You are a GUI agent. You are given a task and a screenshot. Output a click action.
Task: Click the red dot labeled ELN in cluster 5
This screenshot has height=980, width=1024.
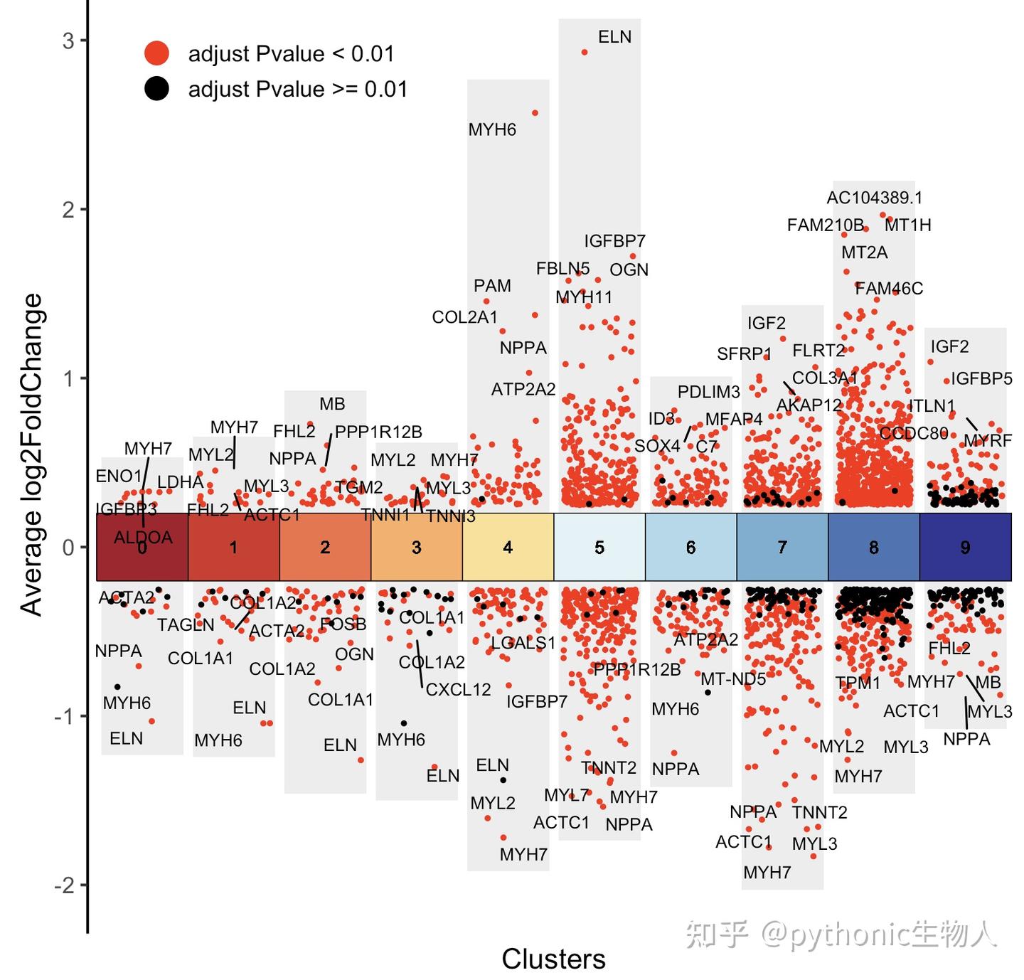click(x=585, y=52)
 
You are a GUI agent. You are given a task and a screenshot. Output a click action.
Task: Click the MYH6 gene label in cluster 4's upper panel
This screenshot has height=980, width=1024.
click(x=492, y=129)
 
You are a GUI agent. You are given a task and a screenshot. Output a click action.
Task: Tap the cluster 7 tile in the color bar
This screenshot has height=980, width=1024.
click(x=782, y=547)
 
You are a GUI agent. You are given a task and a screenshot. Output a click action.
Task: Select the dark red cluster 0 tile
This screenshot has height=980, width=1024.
click(x=142, y=547)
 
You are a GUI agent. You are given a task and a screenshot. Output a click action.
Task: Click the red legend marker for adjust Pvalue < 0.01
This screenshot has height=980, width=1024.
click(x=156, y=53)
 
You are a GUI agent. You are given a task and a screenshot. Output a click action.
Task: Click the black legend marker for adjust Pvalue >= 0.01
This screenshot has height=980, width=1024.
click(x=156, y=89)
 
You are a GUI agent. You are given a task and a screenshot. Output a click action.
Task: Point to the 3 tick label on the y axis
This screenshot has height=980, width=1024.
click(x=68, y=41)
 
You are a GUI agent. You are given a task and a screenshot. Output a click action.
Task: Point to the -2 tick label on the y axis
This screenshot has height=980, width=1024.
click(x=64, y=885)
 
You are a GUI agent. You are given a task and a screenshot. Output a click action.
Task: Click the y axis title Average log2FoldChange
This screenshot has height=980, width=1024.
click(x=31, y=455)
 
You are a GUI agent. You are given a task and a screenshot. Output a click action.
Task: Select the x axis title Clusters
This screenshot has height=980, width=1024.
click(x=553, y=959)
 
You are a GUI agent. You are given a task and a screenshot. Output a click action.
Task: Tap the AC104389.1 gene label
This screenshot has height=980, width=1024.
click(x=874, y=198)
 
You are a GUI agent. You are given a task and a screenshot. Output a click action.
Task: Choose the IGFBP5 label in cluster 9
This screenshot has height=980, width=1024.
click(x=981, y=378)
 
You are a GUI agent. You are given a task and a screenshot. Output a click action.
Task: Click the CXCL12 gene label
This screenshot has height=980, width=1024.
click(x=458, y=689)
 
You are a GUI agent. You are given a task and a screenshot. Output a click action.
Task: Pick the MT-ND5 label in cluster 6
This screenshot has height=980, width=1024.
click(x=733, y=678)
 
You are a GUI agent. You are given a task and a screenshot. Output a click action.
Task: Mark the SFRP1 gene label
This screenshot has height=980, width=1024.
click(x=744, y=353)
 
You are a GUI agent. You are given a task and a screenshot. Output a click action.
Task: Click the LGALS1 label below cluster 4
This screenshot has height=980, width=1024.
click(x=523, y=643)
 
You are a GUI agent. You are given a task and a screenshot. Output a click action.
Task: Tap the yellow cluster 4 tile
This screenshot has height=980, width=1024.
click(x=508, y=547)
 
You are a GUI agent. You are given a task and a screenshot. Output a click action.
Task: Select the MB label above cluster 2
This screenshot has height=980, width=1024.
click(x=332, y=404)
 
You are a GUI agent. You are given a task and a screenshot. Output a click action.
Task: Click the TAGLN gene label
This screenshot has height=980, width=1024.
click(x=186, y=624)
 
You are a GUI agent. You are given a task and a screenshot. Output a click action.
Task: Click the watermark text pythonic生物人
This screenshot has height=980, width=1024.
click(x=878, y=933)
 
